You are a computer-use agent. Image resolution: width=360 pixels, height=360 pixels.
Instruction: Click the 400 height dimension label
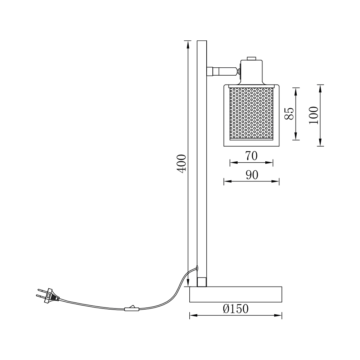click(181, 164)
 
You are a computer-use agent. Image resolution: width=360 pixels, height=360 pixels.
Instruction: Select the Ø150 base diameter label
click(235, 309)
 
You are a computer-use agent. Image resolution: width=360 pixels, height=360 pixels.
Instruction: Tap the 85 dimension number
click(289, 113)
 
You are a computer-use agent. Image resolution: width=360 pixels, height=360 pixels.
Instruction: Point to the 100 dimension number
click(314, 115)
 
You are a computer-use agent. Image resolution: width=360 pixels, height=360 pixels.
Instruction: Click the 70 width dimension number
click(252, 156)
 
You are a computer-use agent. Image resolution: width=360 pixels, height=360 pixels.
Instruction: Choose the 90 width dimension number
click(252, 175)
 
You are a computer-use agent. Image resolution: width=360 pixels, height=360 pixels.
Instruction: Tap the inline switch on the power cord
click(131, 309)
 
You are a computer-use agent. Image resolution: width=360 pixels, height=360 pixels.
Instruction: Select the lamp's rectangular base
click(235, 294)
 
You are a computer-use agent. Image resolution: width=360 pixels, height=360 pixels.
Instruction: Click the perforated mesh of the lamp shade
click(251, 113)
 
